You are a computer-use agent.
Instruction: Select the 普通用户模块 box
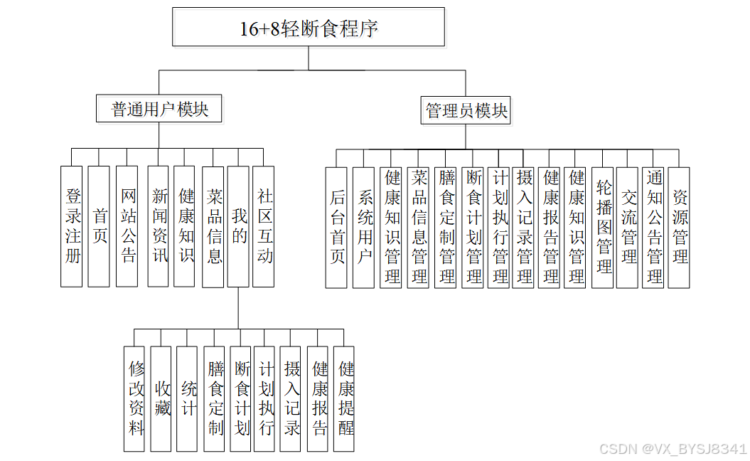point(160,109)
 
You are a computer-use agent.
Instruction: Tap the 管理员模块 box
point(466,110)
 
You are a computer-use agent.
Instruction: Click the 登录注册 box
point(72,226)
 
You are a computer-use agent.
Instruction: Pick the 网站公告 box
point(127,226)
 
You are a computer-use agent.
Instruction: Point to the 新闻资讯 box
point(158,226)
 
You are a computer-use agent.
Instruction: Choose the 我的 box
point(238,226)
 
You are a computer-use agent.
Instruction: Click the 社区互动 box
point(264,226)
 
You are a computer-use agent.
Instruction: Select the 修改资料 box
point(134,398)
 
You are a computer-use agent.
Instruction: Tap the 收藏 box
point(161,398)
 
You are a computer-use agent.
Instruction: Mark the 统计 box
point(188,398)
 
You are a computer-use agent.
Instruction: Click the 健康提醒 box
point(345,398)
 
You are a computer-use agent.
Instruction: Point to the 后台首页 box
point(336,227)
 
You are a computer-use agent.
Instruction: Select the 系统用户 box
point(363,227)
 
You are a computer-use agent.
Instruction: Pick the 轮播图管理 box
point(603,227)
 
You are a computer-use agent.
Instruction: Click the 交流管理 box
point(628,227)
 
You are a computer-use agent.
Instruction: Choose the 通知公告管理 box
point(654,227)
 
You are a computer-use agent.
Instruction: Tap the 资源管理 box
point(680,227)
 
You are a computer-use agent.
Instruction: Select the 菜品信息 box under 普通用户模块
point(213,226)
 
